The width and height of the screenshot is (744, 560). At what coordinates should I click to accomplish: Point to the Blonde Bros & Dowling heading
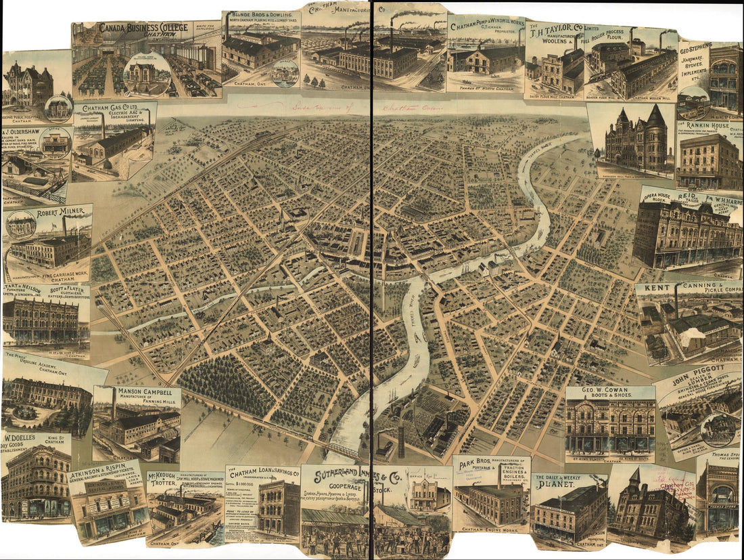click(262, 15)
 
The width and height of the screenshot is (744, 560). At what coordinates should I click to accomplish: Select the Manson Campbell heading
click(147, 391)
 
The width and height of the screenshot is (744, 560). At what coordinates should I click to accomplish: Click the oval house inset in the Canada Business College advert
click(147, 73)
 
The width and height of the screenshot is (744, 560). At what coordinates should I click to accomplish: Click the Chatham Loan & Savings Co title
click(264, 471)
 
